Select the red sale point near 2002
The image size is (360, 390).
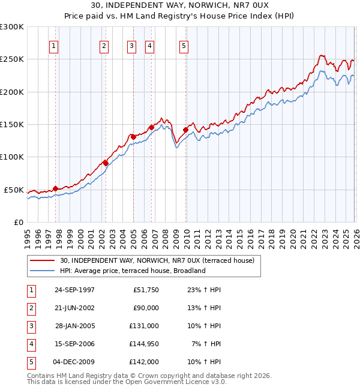(106, 163)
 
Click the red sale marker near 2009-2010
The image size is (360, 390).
(185, 130)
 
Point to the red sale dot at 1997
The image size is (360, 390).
(55, 188)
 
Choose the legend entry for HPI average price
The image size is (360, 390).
(133, 271)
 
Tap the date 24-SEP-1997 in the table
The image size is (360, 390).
(74, 290)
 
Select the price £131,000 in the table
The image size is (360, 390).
(144, 326)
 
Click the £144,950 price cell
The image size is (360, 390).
(144, 344)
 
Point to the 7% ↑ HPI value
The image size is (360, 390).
(206, 344)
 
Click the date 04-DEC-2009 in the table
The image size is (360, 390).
(74, 362)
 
